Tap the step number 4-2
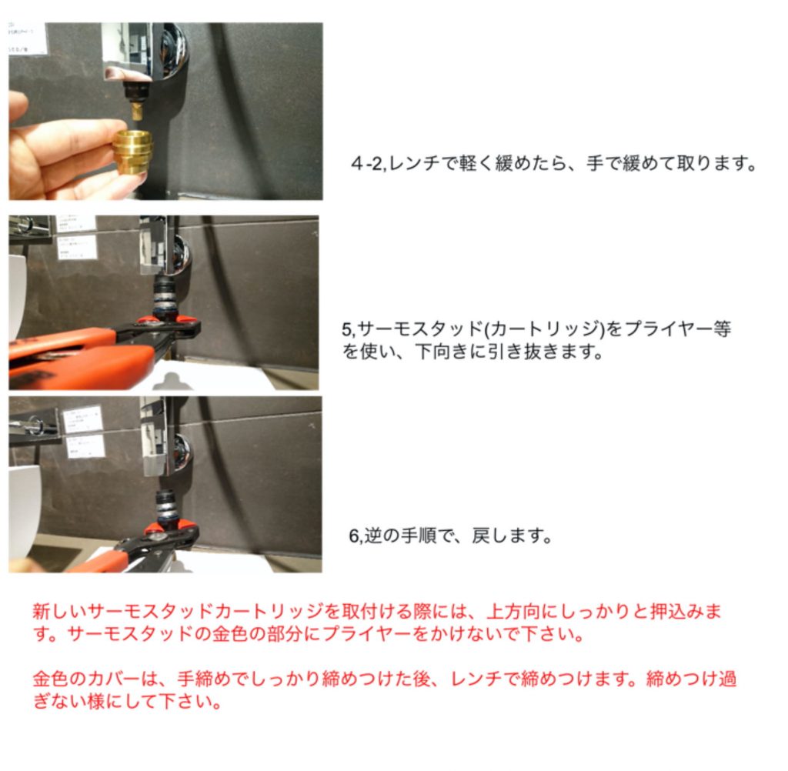click(368, 163)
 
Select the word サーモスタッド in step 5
click(420, 329)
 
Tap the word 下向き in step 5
click(442, 352)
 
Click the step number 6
click(354, 536)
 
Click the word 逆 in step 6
click(373, 536)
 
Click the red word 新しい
click(59, 611)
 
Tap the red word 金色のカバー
click(86, 679)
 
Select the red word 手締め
click(204, 679)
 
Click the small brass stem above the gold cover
click(136, 110)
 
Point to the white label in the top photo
click(28, 38)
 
